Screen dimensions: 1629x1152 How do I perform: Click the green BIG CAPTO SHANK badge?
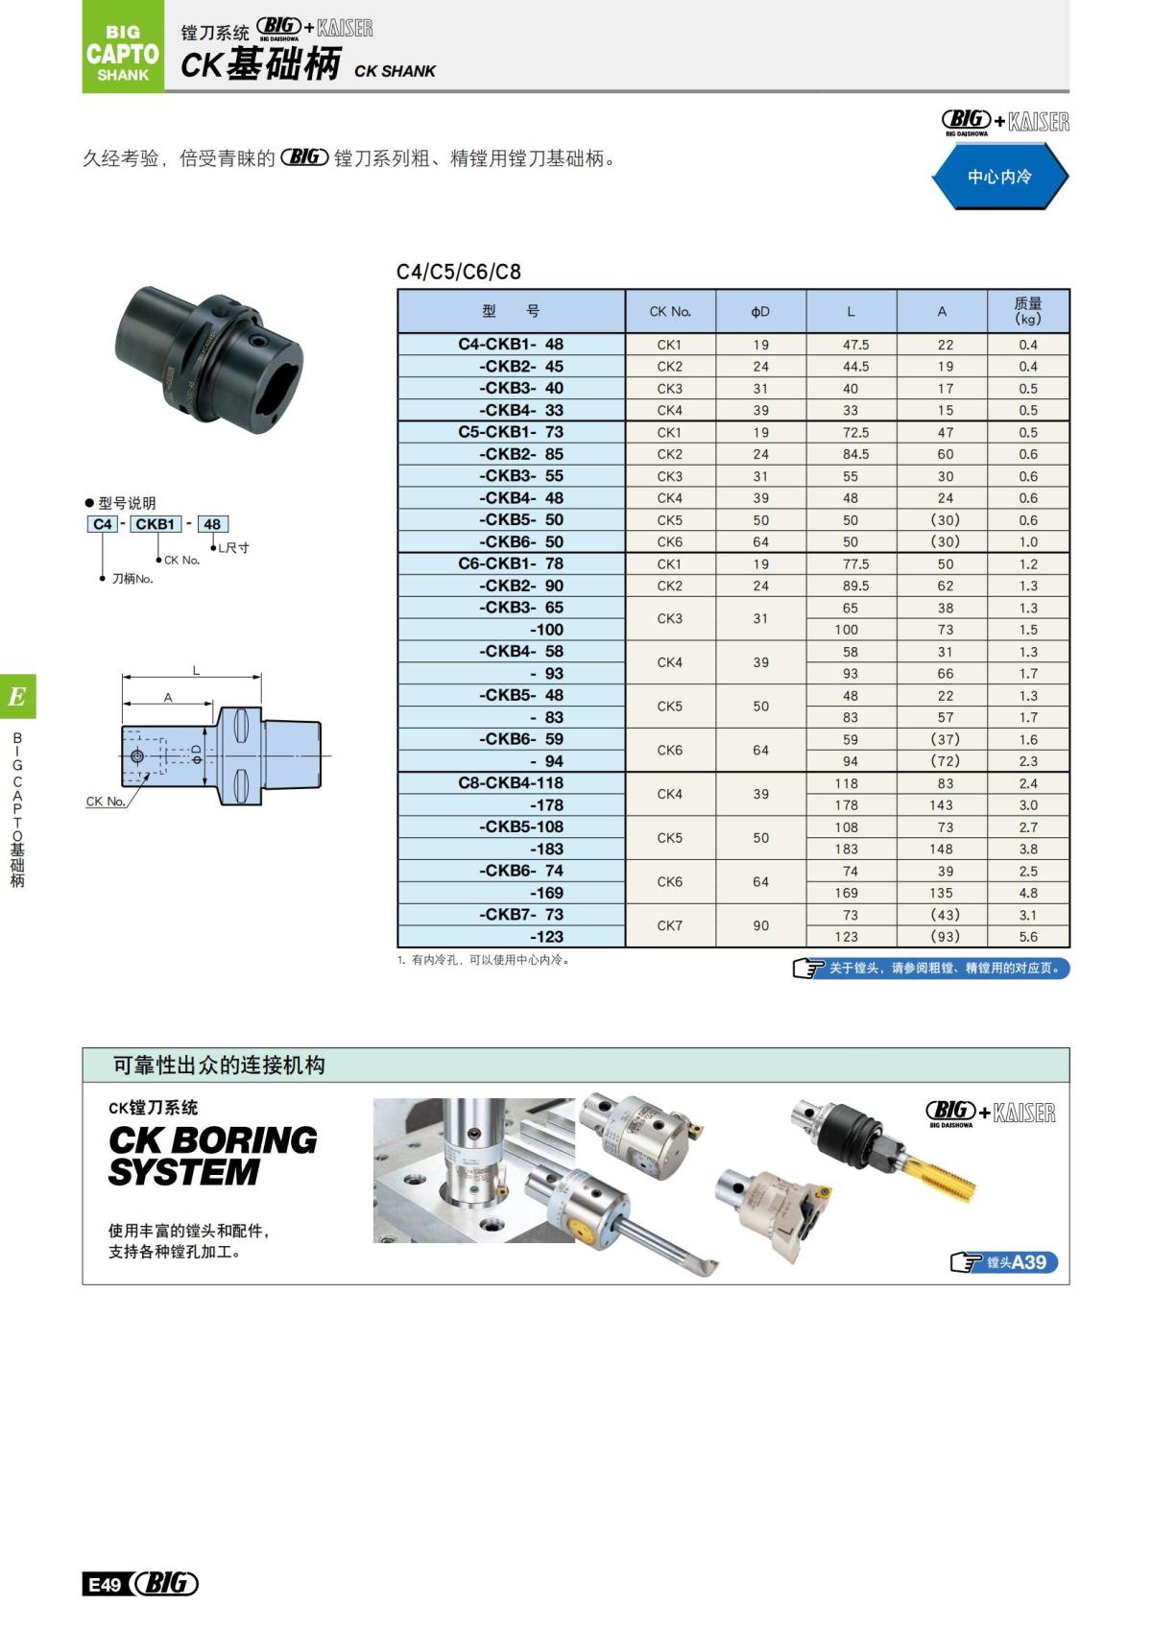tap(123, 48)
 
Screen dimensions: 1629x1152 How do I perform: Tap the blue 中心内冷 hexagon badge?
tap(999, 177)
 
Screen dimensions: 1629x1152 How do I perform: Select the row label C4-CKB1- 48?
tap(511, 345)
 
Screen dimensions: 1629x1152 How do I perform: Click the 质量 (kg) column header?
tap(1028, 311)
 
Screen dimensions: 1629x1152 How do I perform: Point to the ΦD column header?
tap(760, 312)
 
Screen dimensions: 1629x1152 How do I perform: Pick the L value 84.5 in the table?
tap(851, 454)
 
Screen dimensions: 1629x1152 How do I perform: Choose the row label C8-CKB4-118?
tap(511, 783)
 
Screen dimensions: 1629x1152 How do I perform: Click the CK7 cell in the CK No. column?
tap(670, 925)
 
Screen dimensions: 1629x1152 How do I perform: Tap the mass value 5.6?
tap(1028, 937)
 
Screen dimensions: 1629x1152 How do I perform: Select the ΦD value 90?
tap(760, 925)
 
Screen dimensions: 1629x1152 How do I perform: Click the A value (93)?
tap(945, 937)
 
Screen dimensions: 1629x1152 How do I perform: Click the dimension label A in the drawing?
tap(168, 698)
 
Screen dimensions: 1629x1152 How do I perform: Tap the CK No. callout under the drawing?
tap(106, 802)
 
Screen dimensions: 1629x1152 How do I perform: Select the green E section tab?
tap(17, 696)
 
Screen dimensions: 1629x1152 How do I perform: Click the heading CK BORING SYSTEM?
tap(212, 1156)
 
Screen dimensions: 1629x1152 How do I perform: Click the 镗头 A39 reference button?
tap(1004, 1262)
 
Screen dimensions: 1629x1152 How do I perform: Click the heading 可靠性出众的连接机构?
tap(219, 1065)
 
